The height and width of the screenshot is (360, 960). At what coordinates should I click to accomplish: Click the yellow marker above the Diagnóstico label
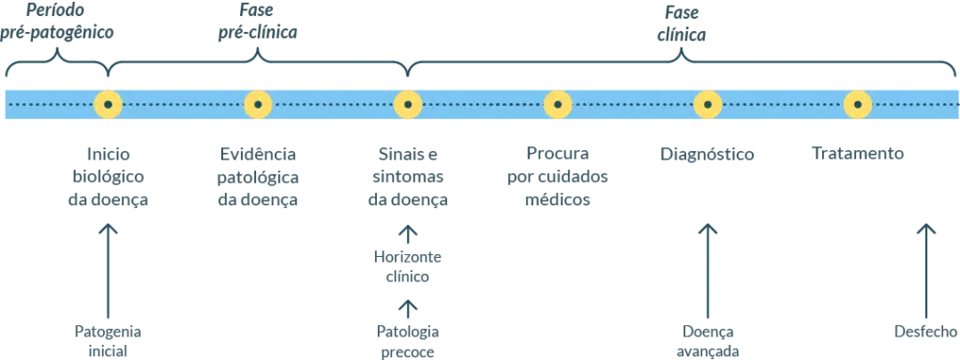pyautogui.click(x=708, y=104)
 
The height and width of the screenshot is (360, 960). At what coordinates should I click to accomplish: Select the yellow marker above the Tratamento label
pyautogui.click(x=858, y=104)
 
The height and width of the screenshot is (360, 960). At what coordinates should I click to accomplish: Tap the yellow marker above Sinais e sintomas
pyautogui.click(x=408, y=104)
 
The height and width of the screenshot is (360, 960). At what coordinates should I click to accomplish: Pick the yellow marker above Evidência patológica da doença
pyautogui.click(x=258, y=104)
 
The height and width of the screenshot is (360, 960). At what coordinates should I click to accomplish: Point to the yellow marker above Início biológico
pyautogui.click(x=108, y=104)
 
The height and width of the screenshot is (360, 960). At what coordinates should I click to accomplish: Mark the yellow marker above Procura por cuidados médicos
pyautogui.click(x=558, y=104)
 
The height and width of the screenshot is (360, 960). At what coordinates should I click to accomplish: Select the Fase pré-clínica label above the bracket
pyautogui.click(x=258, y=22)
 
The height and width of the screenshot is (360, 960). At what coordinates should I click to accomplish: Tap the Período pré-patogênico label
pyautogui.click(x=58, y=22)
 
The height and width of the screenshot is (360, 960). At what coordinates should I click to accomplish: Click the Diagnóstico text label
pyautogui.click(x=708, y=155)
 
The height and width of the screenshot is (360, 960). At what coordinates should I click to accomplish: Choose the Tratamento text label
pyautogui.click(x=858, y=155)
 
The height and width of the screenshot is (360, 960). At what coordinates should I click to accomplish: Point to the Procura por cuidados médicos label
pyautogui.click(x=558, y=177)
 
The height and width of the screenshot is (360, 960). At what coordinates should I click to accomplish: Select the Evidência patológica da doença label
pyautogui.click(x=258, y=177)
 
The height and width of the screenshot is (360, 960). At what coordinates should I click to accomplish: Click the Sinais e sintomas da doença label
pyautogui.click(x=408, y=177)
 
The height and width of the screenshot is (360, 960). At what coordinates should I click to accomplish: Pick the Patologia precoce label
pyautogui.click(x=408, y=340)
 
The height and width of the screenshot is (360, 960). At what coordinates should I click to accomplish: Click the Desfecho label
pyautogui.click(x=925, y=330)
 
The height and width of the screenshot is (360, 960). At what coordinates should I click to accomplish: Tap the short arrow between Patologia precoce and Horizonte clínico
pyautogui.click(x=408, y=307)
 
